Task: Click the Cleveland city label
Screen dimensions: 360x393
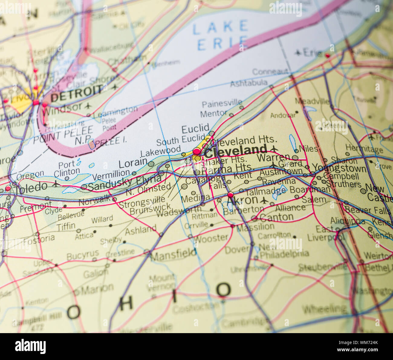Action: coord(235,150)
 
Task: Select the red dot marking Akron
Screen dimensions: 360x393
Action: coord(230,194)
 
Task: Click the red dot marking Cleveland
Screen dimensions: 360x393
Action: coord(197,151)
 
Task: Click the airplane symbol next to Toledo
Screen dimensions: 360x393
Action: coord(55,184)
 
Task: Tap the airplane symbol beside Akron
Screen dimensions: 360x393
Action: coord(264,200)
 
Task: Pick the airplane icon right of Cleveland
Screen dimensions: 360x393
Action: coord(274,149)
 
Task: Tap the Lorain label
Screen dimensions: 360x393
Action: coord(133,163)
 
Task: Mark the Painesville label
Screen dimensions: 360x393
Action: coord(222,104)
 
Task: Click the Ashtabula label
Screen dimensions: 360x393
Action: coord(248,83)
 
